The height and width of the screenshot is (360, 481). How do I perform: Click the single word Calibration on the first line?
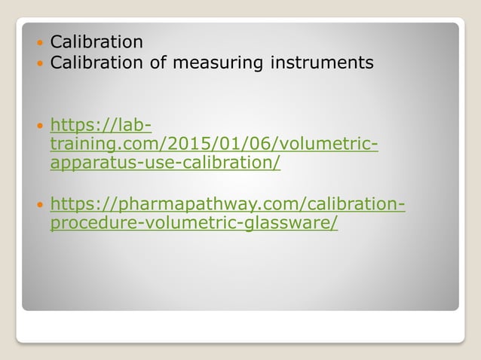(96, 41)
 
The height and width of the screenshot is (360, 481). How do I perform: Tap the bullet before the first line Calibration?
(39, 41)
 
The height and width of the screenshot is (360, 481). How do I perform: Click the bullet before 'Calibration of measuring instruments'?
(39, 63)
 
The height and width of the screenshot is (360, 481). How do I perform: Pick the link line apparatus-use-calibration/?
(165, 163)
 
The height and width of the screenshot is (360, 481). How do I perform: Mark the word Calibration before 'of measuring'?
(96, 63)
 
